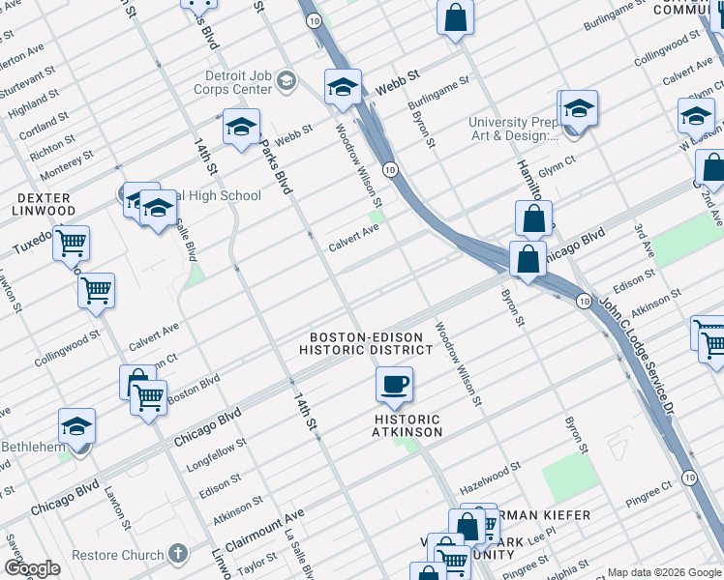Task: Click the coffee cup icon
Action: coord(394,386)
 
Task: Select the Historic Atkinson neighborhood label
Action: coord(407,425)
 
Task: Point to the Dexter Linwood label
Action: coord(44,204)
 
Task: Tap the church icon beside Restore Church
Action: coord(176,554)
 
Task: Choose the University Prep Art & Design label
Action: coord(514,129)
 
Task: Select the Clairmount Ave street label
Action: coord(264,528)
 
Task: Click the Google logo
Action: coord(31,567)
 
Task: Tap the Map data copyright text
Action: coord(664,571)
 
